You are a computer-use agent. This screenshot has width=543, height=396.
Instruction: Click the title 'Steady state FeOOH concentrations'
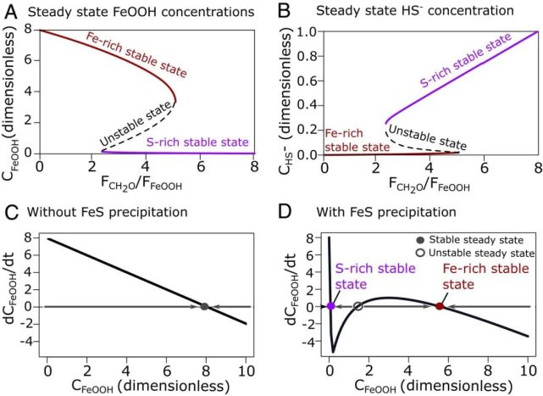(x=140, y=10)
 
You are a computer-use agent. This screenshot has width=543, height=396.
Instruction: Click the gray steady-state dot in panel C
(x=204, y=306)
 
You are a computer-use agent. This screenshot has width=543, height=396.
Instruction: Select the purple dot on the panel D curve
(x=330, y=306)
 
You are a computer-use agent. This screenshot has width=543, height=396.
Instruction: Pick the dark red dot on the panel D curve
(x=439, y=306)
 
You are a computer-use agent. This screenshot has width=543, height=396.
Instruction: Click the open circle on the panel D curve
(x=358, y=306)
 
